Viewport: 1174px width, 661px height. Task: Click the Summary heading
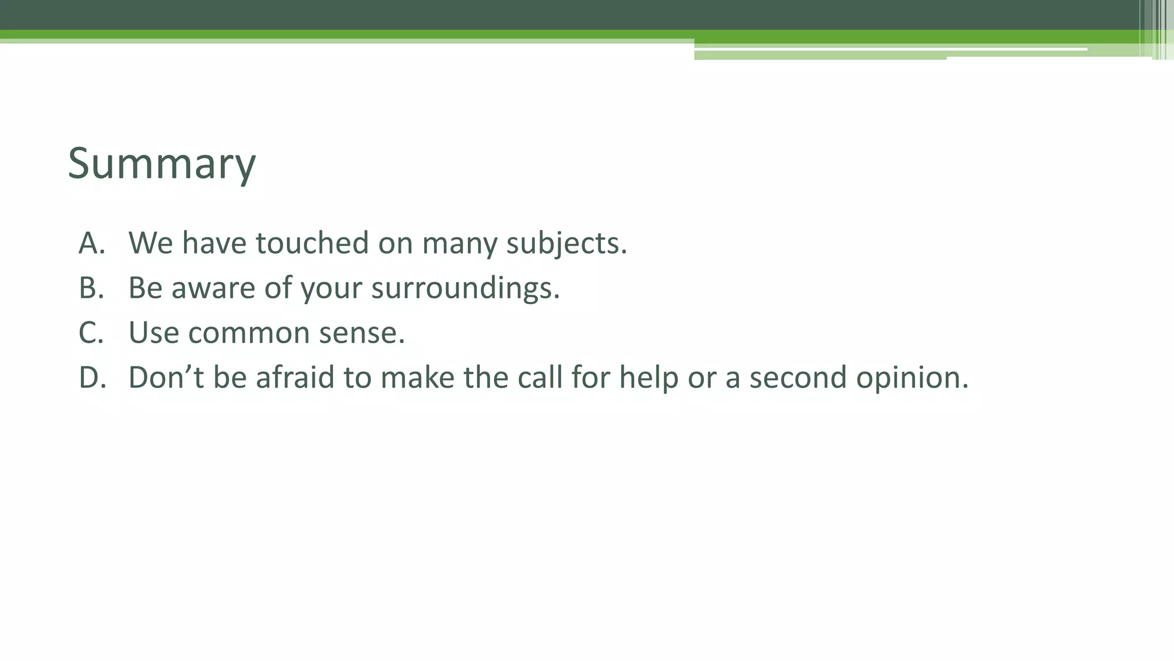coord(162,164)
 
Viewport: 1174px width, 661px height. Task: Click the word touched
coord(312,243)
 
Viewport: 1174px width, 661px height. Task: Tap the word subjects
coord(566,244)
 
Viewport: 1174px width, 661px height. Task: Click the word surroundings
coord(465,289)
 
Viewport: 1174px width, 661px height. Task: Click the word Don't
coord(166,378)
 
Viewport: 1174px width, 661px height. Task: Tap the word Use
coord(154,333)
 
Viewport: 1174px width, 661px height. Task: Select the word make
coord(417,378)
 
